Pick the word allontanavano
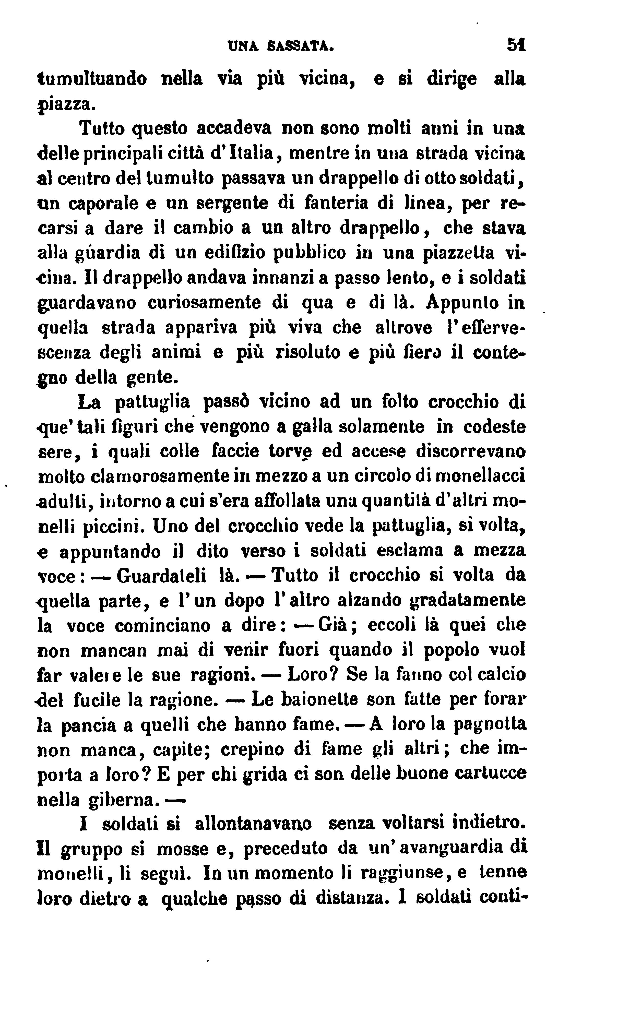click(x=254, y=824)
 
